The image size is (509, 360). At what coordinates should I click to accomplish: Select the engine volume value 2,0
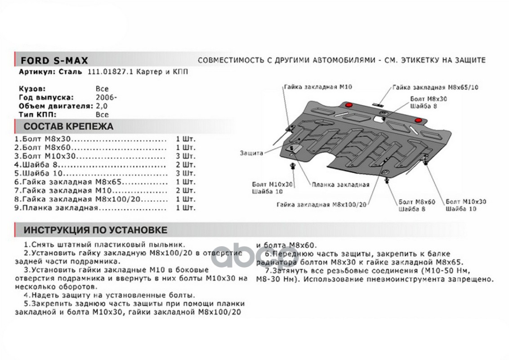(102, 106)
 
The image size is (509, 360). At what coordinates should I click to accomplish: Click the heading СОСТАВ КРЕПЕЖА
(69, 126)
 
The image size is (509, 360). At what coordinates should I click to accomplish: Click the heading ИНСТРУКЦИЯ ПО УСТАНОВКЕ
(95, 230)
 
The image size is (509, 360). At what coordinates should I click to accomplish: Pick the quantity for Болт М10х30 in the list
(187, 156)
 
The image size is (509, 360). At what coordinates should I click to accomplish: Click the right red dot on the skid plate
(419, 121)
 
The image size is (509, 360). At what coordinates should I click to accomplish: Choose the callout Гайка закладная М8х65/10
(435, 88)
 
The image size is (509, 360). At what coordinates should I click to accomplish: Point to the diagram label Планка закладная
(340, 184)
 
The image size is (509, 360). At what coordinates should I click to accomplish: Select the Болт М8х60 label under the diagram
(417, 202)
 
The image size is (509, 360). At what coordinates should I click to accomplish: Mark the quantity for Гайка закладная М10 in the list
(187, 191)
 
